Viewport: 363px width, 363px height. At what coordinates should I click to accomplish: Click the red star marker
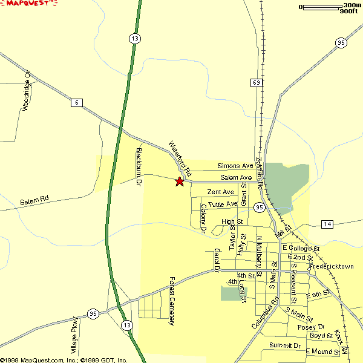180,181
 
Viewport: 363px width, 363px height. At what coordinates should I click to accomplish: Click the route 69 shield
257,82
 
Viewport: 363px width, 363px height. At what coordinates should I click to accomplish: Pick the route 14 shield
327,224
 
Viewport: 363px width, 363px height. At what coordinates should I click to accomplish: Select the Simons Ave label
235,166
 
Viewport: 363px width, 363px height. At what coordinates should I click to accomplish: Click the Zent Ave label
220,192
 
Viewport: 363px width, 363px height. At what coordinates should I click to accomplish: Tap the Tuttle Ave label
223,204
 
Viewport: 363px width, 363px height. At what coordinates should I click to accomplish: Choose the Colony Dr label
203,218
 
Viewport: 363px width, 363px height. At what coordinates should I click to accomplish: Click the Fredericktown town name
331,267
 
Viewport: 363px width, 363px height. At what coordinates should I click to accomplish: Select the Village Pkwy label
74,336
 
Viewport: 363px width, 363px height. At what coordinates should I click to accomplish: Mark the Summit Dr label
285,345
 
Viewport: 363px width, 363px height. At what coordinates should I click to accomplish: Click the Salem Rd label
34,201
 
